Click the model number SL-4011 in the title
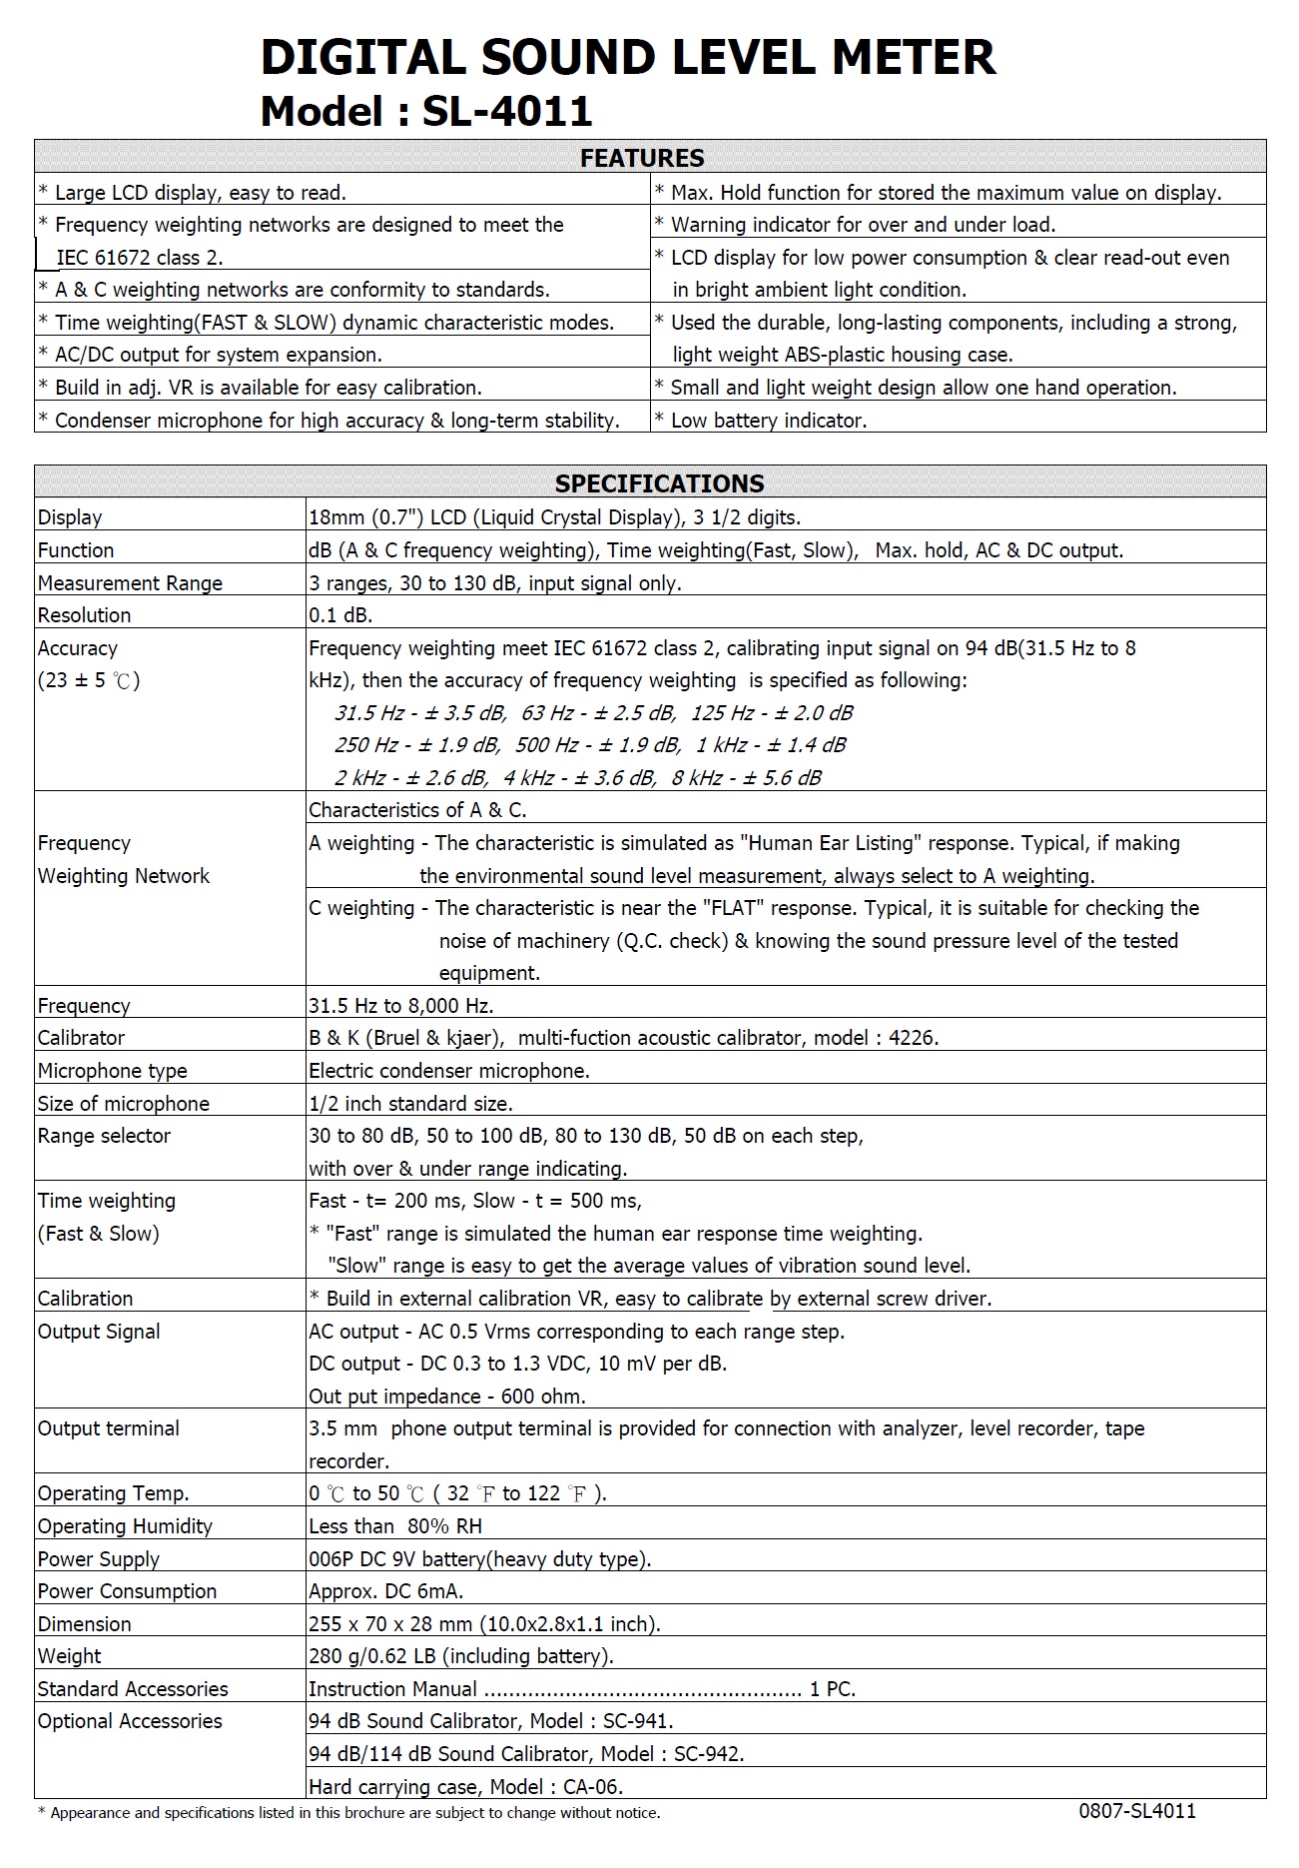point(507,112)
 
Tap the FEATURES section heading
point(642,158)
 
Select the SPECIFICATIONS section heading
point(659,483)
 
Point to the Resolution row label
point(84,615)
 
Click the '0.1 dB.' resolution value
point(340,615)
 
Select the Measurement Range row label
point(130,583)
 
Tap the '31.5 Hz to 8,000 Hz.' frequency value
point(401,1006)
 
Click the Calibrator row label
point(81,1038)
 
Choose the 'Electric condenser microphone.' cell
point(449,1071)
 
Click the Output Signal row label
point(99,1332)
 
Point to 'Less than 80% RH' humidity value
point(395,1526)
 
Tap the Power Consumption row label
point(127,1591)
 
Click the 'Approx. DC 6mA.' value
point(386,1591)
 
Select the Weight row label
point(69,1656)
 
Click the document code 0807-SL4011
point(1137,1811)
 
